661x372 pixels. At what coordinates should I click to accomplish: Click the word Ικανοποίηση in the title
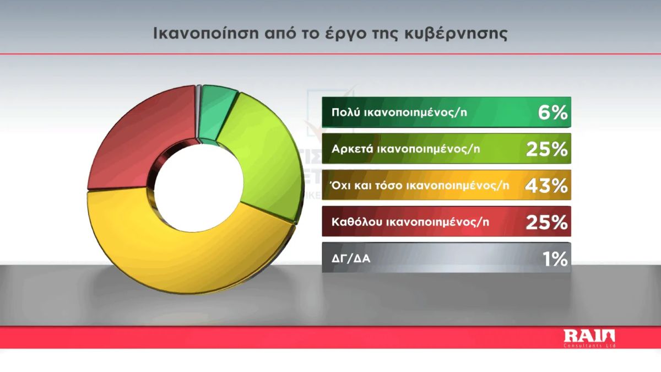pos(206,34)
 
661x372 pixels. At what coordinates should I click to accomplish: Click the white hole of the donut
pos(198,188)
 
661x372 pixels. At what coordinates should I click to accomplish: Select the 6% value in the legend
pos(552,112)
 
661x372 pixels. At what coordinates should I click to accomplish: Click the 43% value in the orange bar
pos(546,186)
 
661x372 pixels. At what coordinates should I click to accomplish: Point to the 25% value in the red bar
pos(547,222)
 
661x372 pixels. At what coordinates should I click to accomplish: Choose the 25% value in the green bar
pos(547,149)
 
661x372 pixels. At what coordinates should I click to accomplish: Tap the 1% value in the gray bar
pos(555,259)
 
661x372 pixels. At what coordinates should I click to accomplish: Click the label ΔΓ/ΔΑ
pos(350,259)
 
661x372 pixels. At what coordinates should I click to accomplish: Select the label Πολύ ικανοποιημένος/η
pos(399,112)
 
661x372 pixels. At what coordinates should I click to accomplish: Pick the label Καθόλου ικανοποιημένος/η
pos(410,222)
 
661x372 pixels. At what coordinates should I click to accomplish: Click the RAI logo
pos(589,337)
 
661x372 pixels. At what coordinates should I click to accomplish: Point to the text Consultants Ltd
pos(589,346)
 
